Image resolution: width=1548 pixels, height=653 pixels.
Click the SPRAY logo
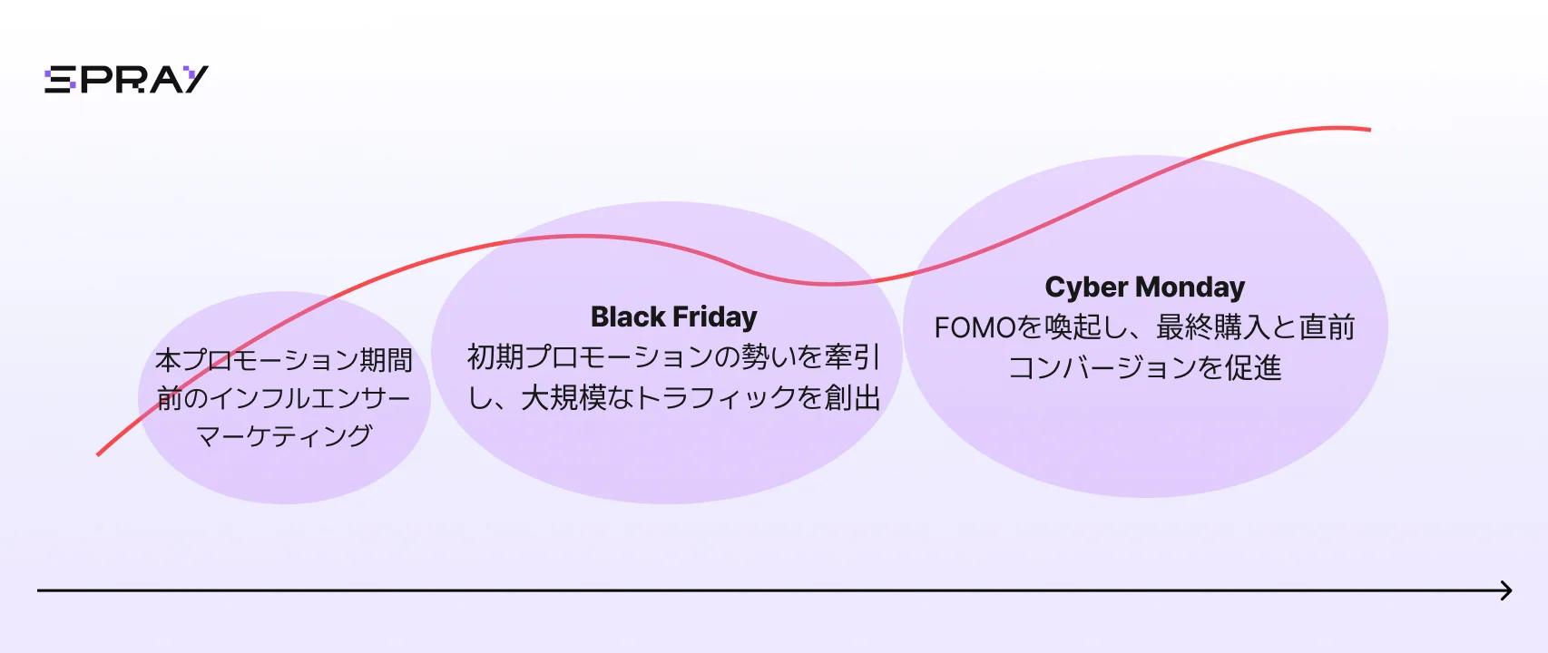[x=126, y=80]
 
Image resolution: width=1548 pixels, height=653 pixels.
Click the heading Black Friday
[x=674, y=317]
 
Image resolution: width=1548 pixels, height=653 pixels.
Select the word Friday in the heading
[x=714, y=317]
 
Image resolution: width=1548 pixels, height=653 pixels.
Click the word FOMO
[x=975, y=327]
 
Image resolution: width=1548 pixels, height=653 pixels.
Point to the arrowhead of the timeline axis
[x=1506, y=590]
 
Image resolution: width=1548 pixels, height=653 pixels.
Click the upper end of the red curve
[x=1370, y=129]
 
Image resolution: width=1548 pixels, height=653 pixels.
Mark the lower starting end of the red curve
[x=98, y=454]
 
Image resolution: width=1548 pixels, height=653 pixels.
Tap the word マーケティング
[x=284, y=436]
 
